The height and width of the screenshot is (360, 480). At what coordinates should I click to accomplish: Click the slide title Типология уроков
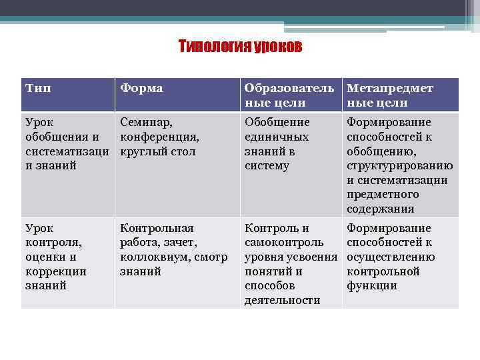(240, 46)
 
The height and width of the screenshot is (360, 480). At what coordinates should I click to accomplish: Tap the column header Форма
(141, 89)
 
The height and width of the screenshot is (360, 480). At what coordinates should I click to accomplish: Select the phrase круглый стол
(157, 151)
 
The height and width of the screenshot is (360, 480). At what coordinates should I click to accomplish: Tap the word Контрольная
(157, 228)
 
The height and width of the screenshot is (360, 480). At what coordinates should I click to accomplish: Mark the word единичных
(277, 137)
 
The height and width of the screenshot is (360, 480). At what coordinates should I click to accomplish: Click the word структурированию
(399, 166)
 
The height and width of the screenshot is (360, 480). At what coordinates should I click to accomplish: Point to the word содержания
(380, 209)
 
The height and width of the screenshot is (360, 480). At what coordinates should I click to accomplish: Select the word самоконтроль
(285, 243)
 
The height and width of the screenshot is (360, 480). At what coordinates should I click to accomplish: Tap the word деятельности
(283, 301)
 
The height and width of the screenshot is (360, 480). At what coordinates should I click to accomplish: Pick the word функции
(371, 286)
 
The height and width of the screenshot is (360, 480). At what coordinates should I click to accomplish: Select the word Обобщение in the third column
(277, 122)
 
